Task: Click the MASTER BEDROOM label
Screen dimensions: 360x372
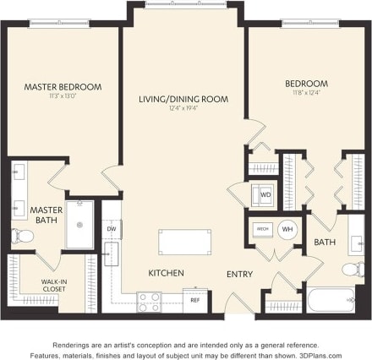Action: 63,86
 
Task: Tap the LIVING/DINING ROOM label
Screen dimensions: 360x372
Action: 183,99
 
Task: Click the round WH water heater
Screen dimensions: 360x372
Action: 287,229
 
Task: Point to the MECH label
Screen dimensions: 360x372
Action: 263,229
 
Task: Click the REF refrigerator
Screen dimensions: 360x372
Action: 194,299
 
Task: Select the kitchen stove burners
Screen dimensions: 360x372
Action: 150,301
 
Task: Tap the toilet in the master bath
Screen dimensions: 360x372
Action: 20,236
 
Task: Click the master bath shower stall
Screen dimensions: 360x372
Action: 79,225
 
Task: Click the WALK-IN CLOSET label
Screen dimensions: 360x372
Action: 54,286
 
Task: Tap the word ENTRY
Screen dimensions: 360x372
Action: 239,274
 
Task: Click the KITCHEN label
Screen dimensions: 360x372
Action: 167,273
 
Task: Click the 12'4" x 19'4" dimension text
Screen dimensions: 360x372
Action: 183,109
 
